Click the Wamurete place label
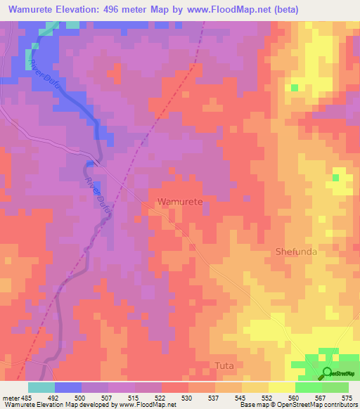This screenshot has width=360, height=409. click(181, 202)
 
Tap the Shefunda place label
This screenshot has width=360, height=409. click(298, 252)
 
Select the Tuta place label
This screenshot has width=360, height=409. click(223, 366)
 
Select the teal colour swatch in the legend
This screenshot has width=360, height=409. click(41, 387)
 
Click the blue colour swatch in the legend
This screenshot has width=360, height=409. click(68, 387)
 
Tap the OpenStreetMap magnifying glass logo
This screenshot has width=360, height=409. click(328, 374)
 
